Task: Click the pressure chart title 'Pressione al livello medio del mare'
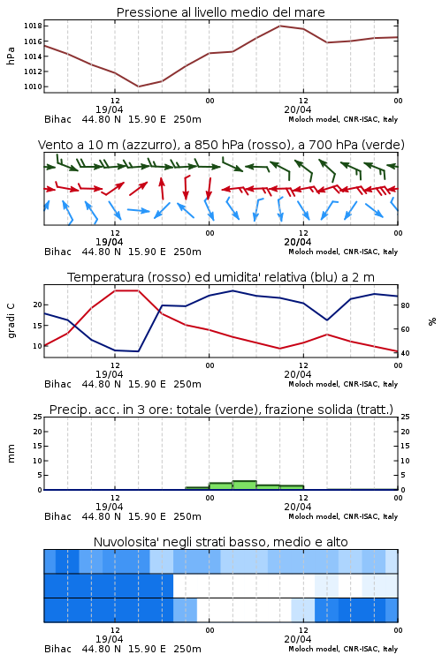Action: coord(220,12)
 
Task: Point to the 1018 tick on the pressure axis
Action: coord(33,26)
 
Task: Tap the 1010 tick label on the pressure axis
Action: coord(33,87)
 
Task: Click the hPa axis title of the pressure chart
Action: coord(11,56)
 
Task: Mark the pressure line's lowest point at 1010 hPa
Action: coord(138,87)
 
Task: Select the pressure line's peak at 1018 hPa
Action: coord(279,26)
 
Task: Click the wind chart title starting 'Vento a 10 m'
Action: coord(221,145)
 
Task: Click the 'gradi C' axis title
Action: coord(11,321)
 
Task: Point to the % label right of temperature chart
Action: coord(432,321)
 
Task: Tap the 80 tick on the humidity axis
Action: coord(405,305)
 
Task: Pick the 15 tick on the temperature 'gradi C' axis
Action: coord(38,326)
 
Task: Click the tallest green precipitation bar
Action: coord(245,485)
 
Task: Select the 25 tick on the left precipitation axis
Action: coord(38,417)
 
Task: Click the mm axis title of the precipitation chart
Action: coord(11,454)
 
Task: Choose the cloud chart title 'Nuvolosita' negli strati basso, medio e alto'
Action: coord(220,542)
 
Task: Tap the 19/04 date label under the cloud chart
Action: coord(109,639)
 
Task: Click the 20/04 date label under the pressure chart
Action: coord(298,109)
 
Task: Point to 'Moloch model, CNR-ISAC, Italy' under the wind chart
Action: coord(343,252)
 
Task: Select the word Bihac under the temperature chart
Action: coord(58,384)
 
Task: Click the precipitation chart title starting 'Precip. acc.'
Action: coord(221,410)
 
